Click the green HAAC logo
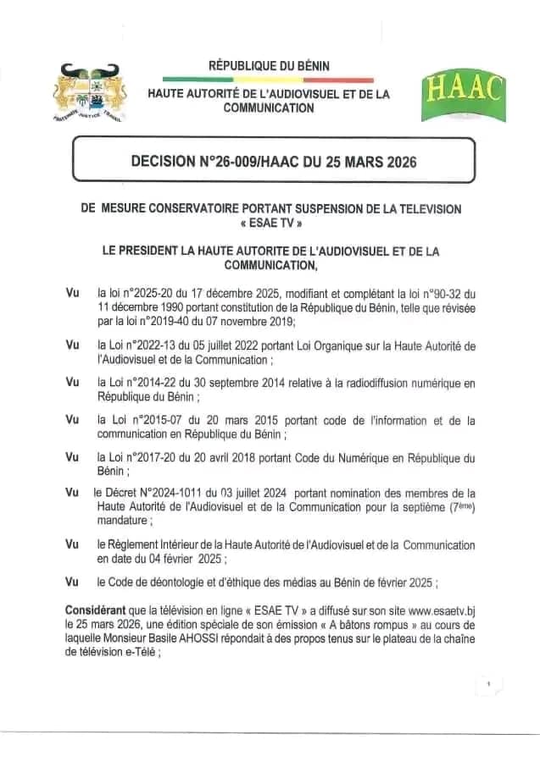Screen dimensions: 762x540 coord(463,96)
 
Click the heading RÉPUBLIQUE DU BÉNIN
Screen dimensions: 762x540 coord(270,65)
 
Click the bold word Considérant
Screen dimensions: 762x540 coord(96,610)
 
